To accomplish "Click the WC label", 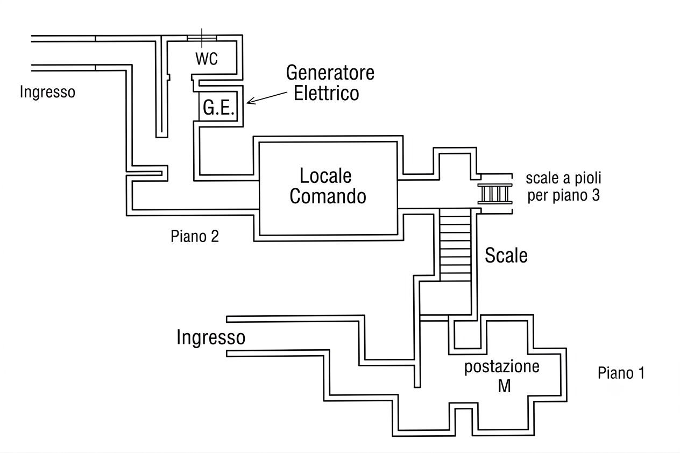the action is click(207, 59).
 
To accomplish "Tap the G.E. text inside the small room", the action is click(218, 108).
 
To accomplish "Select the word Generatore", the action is click(330, 73).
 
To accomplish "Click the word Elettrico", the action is click(327, 93).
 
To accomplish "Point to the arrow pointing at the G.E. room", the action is click(267, 98).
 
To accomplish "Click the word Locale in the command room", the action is click(325, 176).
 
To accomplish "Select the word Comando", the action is click(328, 196).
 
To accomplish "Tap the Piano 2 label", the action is click(195, 236).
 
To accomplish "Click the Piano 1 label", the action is click(621, 373).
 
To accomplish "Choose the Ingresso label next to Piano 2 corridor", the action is click(47, 92).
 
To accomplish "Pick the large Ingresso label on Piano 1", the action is click(211, 338).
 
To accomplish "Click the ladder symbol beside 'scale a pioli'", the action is click(495, 193).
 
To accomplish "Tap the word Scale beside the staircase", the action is click(506, 256).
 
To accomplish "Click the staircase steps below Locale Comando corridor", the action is click(455, 245).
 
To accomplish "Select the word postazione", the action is click(502, 367).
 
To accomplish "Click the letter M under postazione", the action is click(504, 386).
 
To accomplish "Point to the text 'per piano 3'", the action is click(564, 195).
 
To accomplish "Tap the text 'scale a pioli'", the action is click(563, 178).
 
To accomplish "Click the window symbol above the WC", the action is click(202, 38).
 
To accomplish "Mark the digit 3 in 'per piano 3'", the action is click(596, 195).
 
